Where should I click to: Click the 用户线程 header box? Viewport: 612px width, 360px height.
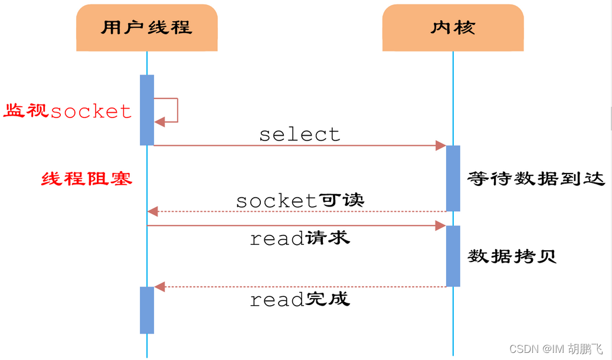[146, 27]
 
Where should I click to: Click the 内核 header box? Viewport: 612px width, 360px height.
[453, 27]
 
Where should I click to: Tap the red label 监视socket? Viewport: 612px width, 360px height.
[68, 111]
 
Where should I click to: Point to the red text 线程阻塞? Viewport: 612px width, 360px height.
[87, 179]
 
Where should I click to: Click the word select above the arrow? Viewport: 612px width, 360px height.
[300, 135]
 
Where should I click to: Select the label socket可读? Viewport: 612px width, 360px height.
[300, 201]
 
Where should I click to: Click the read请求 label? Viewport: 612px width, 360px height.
[300, 238]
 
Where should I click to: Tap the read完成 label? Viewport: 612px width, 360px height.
[300, 299]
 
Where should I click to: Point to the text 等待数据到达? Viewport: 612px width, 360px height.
[536, 179]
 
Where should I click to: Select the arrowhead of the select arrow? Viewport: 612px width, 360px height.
[440, 146]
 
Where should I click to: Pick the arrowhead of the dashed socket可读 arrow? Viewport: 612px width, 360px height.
[153, 211]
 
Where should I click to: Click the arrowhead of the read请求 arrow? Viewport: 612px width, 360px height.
[440, 225]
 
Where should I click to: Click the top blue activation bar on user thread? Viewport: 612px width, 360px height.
[147, 110]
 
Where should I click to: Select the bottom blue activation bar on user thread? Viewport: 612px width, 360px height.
[147, 310]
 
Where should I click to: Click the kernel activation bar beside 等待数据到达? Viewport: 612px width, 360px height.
[453, 178]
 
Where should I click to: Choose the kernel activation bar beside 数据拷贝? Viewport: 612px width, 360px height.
[453, 256]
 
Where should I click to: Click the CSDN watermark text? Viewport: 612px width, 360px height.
[555, 349]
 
